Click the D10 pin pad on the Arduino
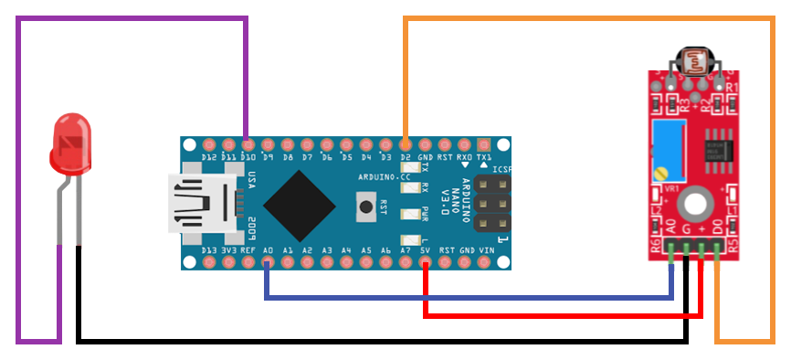click(x=248, y=144)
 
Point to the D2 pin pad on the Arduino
click(x=406, y=144)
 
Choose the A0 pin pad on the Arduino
click(x=267, y=263)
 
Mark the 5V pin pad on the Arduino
click(x=426, y=263)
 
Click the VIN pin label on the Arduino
click(x=486, y=249)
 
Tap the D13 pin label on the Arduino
click(x=208, y=249)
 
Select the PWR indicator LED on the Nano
click(x=407, y=215)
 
